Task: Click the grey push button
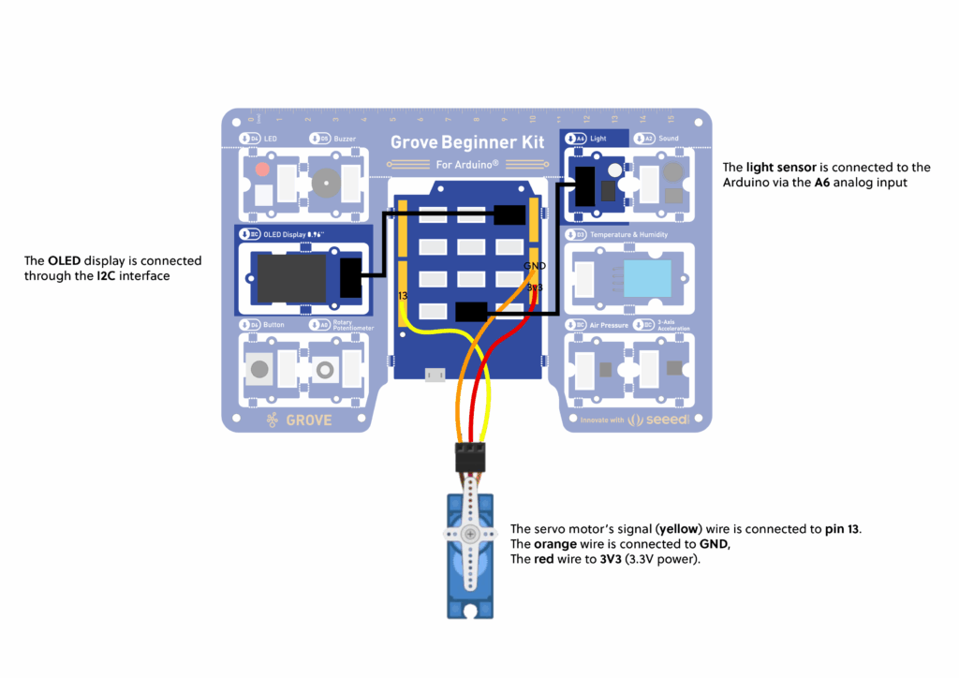pyautogui.click(x=258, y=370)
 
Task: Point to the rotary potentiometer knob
pyautogui.click(x=325, y=370)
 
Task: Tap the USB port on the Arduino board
pyautogui.click(x=435, y=376)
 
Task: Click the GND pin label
pyautogui.click(x=534, y=266)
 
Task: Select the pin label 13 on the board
pyautogui.click(x=403, y=296)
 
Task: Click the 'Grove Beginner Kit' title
pyautogui.click(x=466, y=142)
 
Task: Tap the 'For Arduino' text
pyautogui.click(x=467, y=165)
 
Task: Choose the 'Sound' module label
pyautogui.click(x=669, y=139)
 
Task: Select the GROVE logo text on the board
pyautogui.click(x=308, y=420)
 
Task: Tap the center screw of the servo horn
pyautogui.click(x=470, y=533)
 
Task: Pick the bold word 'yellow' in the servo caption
pyautogui.click(x=680, y=529)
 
